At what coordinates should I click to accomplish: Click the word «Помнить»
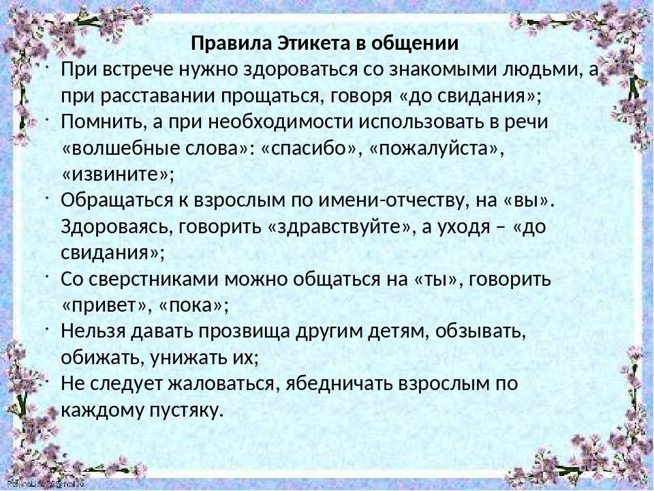coord(103,122)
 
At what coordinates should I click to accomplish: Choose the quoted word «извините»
coord(114,175)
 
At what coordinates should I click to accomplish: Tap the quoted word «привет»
coord(105,306)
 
